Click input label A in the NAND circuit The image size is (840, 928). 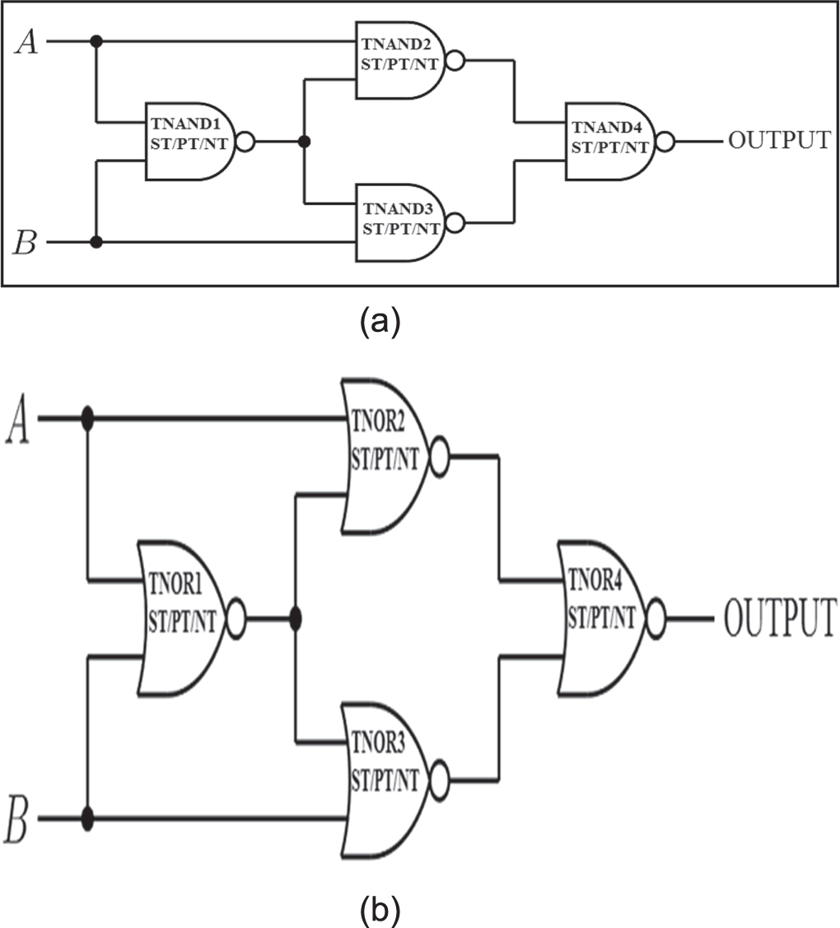point(26,41)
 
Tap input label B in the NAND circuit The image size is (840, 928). point(26,244)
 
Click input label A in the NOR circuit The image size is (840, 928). point(18,422)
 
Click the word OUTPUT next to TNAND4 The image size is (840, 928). point(778,141)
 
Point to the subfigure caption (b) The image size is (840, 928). point(380,909)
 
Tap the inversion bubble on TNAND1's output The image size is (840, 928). point(245,142)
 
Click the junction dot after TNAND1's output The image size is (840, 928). point(305,142)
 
